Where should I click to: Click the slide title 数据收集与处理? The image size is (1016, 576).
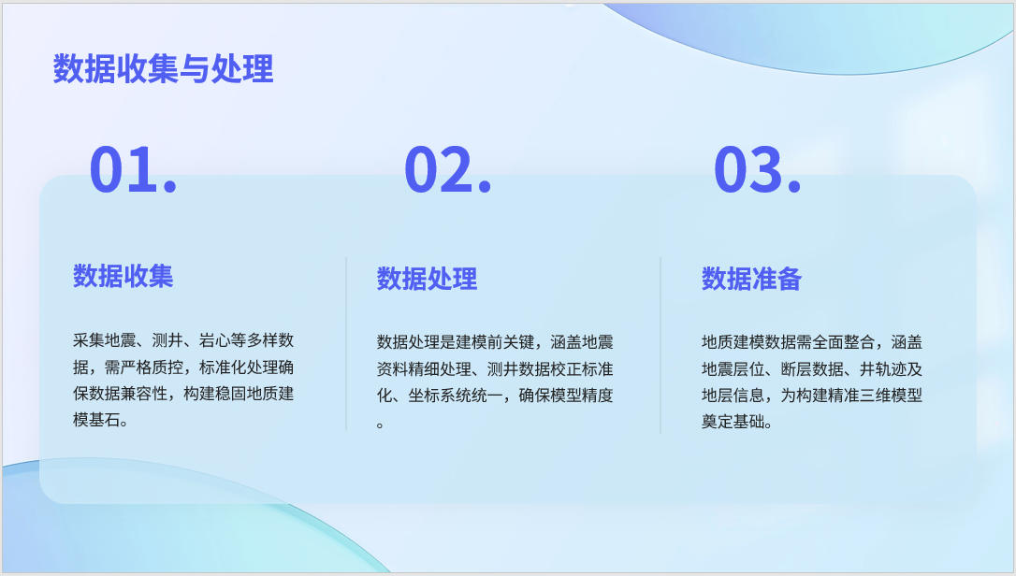[164, 68]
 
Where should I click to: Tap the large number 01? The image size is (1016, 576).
[133, 169]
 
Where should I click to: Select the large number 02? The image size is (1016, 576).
[448, 169]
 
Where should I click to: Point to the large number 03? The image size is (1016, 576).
[758, 169]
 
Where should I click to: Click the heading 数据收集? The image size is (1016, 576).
[123, 276]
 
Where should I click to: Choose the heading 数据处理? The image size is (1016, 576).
[427, 279]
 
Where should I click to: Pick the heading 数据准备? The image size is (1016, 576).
[751, 279]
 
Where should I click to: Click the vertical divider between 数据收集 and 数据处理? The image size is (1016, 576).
[346, 343]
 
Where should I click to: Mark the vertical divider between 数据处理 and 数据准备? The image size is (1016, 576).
[660, 345]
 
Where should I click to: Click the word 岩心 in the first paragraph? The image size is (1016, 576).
[214, 340]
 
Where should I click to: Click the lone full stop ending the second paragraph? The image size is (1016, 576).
[381, 425]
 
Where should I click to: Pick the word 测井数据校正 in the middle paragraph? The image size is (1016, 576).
[534, 369]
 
